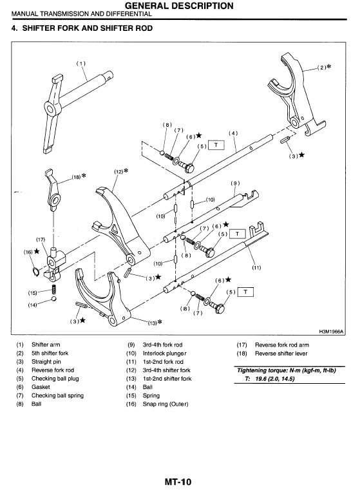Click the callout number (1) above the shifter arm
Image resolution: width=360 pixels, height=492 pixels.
[x=81, y=63]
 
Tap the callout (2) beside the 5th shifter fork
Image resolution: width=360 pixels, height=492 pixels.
[x=322, y=68]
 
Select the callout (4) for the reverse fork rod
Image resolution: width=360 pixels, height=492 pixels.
[x=233, y=133]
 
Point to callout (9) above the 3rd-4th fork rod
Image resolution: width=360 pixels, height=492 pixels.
[x=235, y=184]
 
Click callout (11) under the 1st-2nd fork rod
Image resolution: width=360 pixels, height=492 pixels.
[x=256, y=268]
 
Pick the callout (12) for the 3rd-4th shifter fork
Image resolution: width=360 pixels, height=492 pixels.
[x=118, y=172]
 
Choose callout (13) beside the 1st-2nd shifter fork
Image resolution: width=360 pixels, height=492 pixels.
[x=152, y=323]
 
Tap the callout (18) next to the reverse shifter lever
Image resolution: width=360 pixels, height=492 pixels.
[x=76, y=177]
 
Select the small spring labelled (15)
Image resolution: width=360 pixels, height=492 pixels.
[x=53, y=290]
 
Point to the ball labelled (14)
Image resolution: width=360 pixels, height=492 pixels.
[x=54, y=299]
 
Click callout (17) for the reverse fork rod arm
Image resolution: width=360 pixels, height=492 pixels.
[x=41, y=240]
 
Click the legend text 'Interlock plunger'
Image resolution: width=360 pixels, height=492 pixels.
[x=164, y=354]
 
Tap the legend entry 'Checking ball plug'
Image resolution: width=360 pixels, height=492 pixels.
[x=55, y=379]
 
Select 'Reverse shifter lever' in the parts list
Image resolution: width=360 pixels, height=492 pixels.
[x=281, y=354]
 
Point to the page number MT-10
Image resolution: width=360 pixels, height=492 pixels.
[x=178, y=482]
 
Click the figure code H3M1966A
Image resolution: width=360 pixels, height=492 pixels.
[x=332, y=332]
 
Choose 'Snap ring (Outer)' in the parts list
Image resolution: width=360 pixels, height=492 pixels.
[x=166, y=404]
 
